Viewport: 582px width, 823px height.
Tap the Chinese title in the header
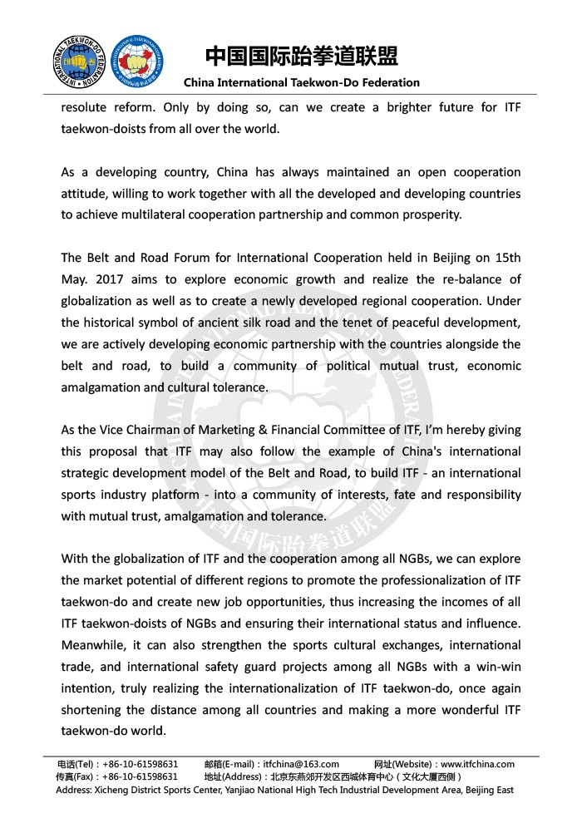(302, 56)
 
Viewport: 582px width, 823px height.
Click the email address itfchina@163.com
(300, 764)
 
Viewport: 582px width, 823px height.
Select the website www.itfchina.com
(477, 764)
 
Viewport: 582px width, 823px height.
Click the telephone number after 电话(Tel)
(141, 764)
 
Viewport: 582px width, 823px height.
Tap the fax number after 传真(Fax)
(141, 776)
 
